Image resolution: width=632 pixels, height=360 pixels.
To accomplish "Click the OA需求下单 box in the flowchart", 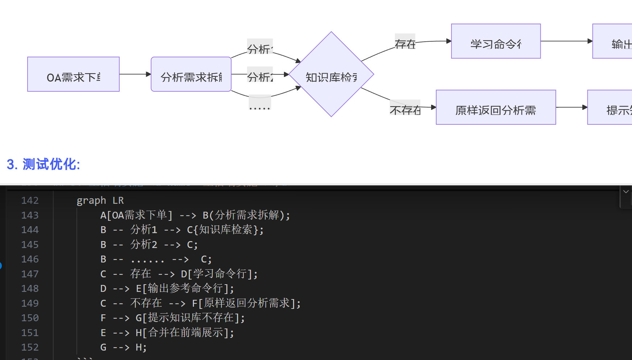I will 73,74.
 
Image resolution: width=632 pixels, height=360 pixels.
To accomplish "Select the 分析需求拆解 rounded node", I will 191,74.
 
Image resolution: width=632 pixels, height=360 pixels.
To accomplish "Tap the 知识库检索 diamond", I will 331,74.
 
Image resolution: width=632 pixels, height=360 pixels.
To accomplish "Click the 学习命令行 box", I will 496,41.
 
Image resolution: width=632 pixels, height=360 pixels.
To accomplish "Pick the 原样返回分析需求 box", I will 496,107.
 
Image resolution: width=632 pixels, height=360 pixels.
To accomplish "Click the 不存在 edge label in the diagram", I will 405,110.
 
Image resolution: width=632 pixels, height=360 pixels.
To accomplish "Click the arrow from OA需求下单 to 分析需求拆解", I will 135,74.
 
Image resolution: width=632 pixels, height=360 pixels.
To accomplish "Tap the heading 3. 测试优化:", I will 44,164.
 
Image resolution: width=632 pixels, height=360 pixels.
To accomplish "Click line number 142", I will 30,200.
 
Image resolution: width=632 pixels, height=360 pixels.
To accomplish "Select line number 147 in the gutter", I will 30,274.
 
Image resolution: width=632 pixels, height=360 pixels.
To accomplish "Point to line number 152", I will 30,347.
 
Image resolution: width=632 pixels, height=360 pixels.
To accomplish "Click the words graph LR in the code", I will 100,200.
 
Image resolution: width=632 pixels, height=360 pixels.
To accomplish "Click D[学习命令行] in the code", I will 217,274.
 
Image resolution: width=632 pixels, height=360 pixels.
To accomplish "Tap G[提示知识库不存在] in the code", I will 187,318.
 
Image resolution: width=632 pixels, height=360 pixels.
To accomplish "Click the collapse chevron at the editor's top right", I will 626,192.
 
